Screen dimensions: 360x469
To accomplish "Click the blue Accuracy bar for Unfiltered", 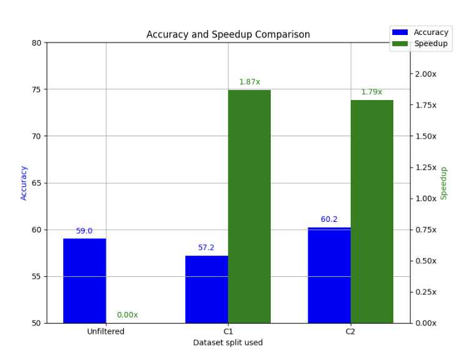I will tap(84, 281).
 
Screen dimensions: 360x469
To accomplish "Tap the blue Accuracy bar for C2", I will tap(329, 275).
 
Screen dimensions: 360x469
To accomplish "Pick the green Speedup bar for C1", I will tap(250, 206).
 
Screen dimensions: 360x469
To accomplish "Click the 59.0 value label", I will tap(84, 231).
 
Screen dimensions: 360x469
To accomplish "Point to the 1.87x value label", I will tap(250, 82).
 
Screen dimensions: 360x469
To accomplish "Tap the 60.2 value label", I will tap(329, 219).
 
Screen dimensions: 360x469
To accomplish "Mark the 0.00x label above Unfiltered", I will tap(128, 315).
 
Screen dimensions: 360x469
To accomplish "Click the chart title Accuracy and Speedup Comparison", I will tap(228, 35).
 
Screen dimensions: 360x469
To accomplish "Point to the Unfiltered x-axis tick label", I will tap(106, 332).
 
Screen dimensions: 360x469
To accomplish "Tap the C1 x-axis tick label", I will tap(228, 332).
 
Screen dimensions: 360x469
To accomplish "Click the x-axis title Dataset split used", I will tap(228, 342).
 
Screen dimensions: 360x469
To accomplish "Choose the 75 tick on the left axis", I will tap(36, 89).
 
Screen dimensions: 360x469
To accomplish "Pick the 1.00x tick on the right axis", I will tap(428, 199).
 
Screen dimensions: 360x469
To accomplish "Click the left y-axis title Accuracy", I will tap(24, 182).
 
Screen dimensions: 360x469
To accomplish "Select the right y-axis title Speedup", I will tap(444, 182).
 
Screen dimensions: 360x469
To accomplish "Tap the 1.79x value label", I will tap(371, 92).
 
